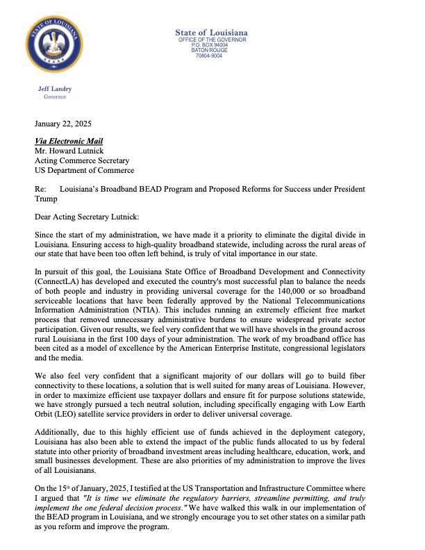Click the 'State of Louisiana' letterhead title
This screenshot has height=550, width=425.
[211, 33]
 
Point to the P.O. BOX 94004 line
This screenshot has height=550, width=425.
[211, 44]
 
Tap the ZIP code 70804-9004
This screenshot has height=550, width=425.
[211, 56]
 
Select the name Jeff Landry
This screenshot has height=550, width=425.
[54, 89]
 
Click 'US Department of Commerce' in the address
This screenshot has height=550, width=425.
[84, 170]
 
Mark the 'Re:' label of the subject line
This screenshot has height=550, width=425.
[40, 189]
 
